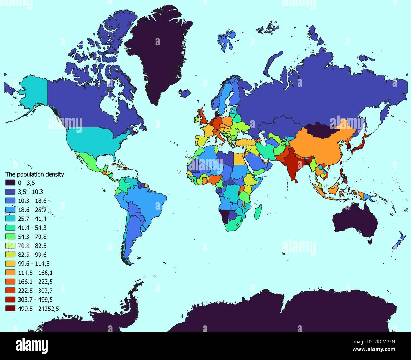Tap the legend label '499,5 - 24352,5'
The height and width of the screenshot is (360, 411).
point(39,309)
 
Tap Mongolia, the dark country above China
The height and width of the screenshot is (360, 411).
point(321,129)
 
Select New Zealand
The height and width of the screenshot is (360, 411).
point(399,240)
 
